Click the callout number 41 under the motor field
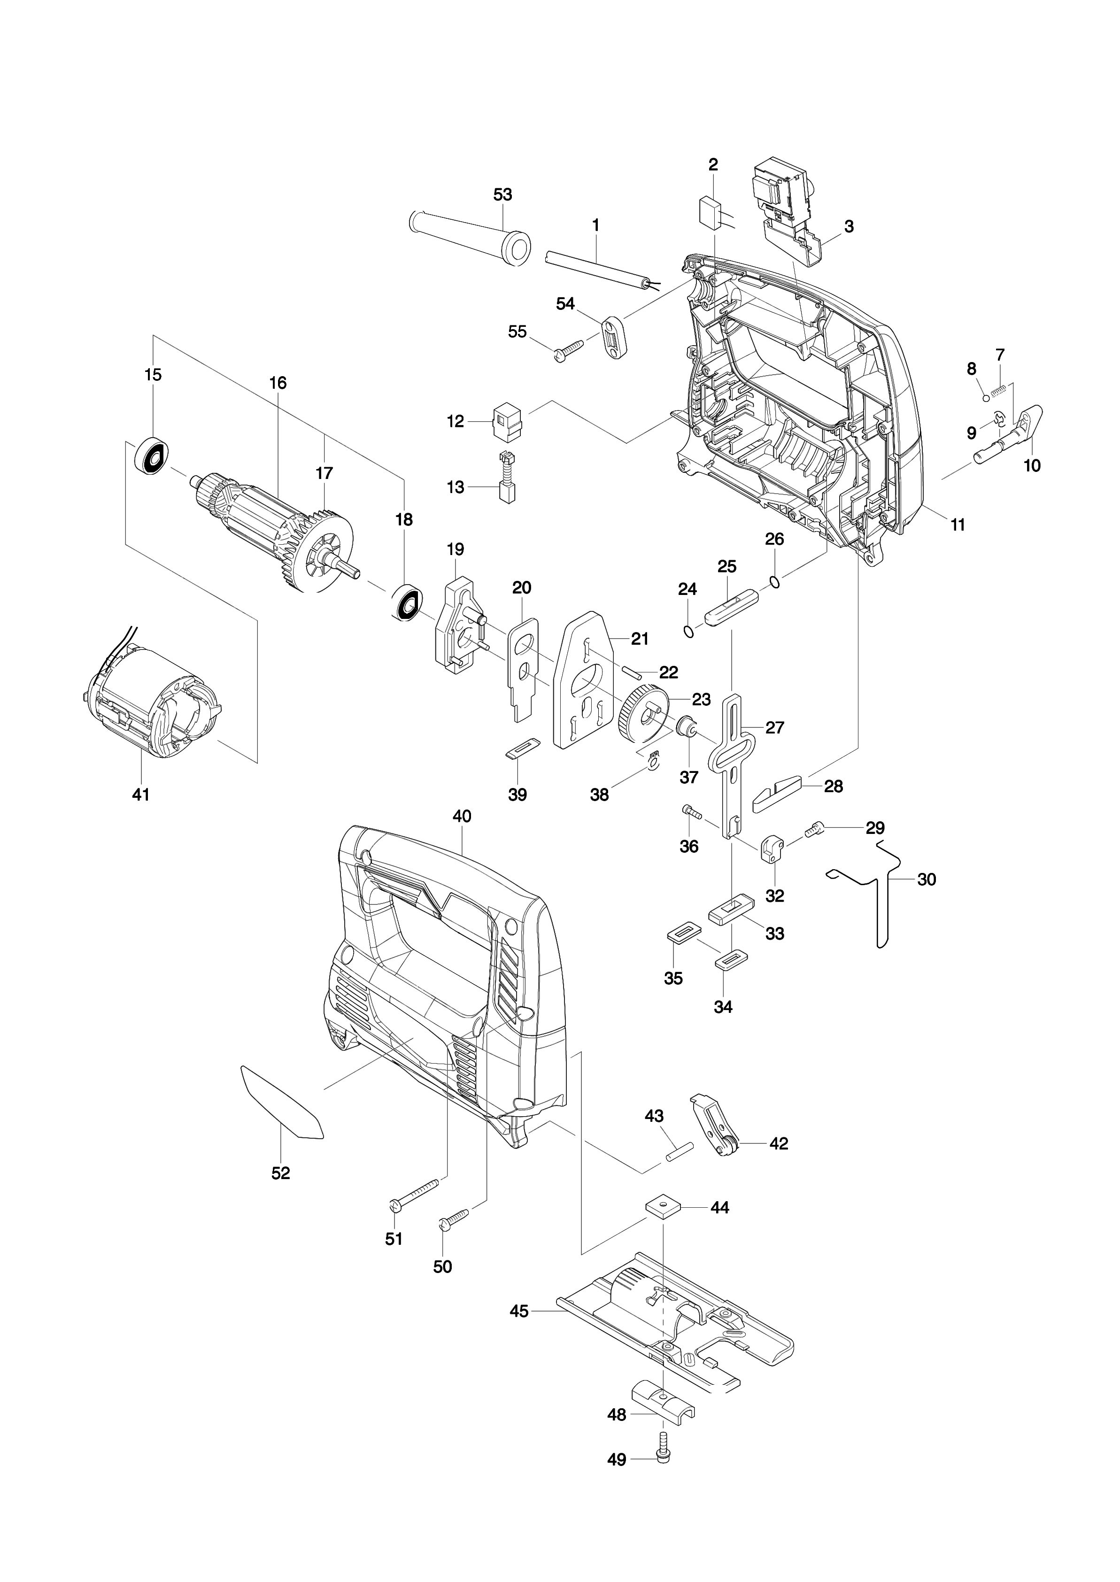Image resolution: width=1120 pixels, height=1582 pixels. (x=141, y=795)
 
